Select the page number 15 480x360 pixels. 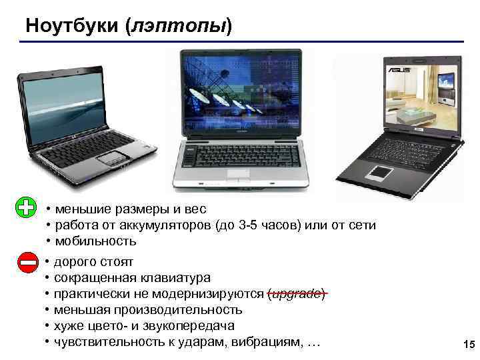click(467, 345)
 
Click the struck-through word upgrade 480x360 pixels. click(297, 294)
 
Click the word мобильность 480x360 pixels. click(95, 241)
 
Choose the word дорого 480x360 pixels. click(73, 262)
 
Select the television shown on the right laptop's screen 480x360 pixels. click(445, 83)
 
